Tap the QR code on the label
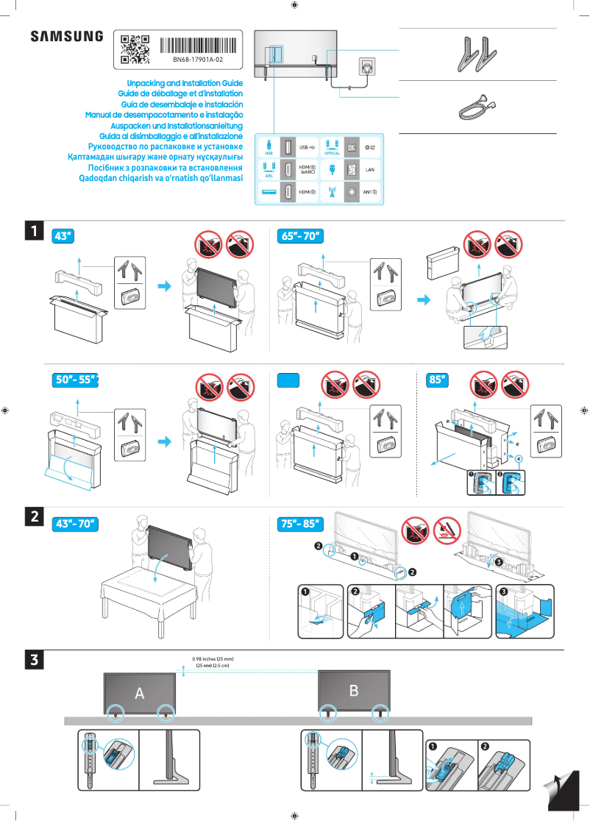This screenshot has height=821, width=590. click(135, 49)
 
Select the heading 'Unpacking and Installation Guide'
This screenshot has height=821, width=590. click(185, 84)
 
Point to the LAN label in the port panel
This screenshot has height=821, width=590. click(371, 169)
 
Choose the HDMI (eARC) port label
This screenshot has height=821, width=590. click(308, 169)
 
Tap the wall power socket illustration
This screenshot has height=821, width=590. click(366, 68)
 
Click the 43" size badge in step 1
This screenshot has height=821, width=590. click(64, 237)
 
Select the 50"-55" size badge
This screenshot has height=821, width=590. click(77, 380)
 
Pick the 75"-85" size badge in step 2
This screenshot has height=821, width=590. click(302, 524)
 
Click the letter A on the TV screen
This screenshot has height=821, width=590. click(139, 693)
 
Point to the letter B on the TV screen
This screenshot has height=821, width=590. click(354, 690)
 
